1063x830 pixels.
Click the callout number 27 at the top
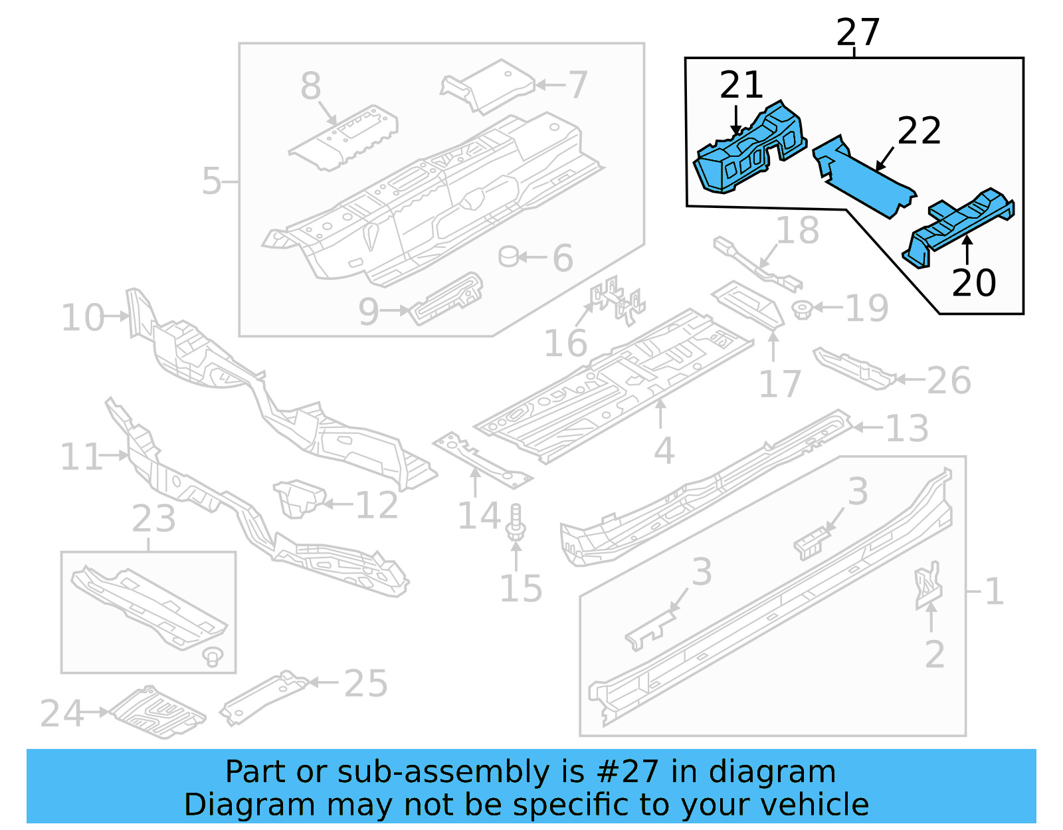[x=858, y=32]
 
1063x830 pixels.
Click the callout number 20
[x=973, y=282]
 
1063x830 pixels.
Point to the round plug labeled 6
[x=509, y=256]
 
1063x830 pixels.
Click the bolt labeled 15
[x=516, y=522]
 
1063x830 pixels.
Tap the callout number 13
[x=907, y=428]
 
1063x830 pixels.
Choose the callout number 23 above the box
[x=153, y=519]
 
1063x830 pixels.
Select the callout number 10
[x=82, y=318]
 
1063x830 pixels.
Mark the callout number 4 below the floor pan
[x=664, y=451]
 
